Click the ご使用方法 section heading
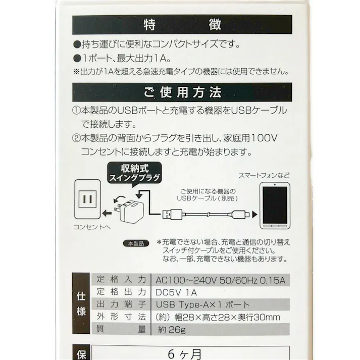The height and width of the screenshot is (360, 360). point(182,93)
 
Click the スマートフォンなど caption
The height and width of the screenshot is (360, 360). point(264,175)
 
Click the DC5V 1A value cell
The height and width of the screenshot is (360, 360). point(177,292)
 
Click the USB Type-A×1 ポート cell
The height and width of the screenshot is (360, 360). point(202,305)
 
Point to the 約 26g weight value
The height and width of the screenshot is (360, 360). point(171,330)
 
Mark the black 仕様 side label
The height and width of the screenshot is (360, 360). point(81,304)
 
